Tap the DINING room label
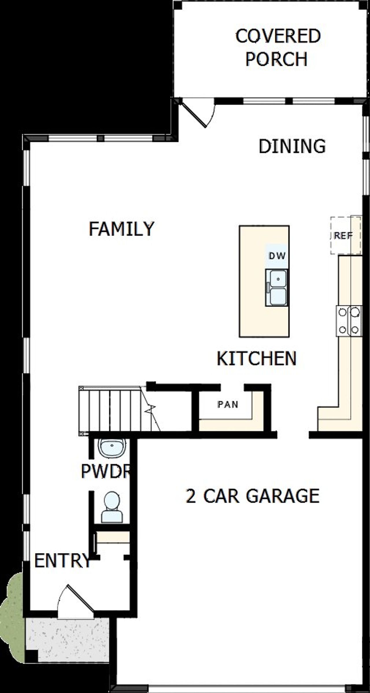292,146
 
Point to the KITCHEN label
257,358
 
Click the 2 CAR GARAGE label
252,496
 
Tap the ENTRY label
62,561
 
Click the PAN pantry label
228,404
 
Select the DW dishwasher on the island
277,256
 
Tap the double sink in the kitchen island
277,287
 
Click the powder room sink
112,447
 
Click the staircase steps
113,410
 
